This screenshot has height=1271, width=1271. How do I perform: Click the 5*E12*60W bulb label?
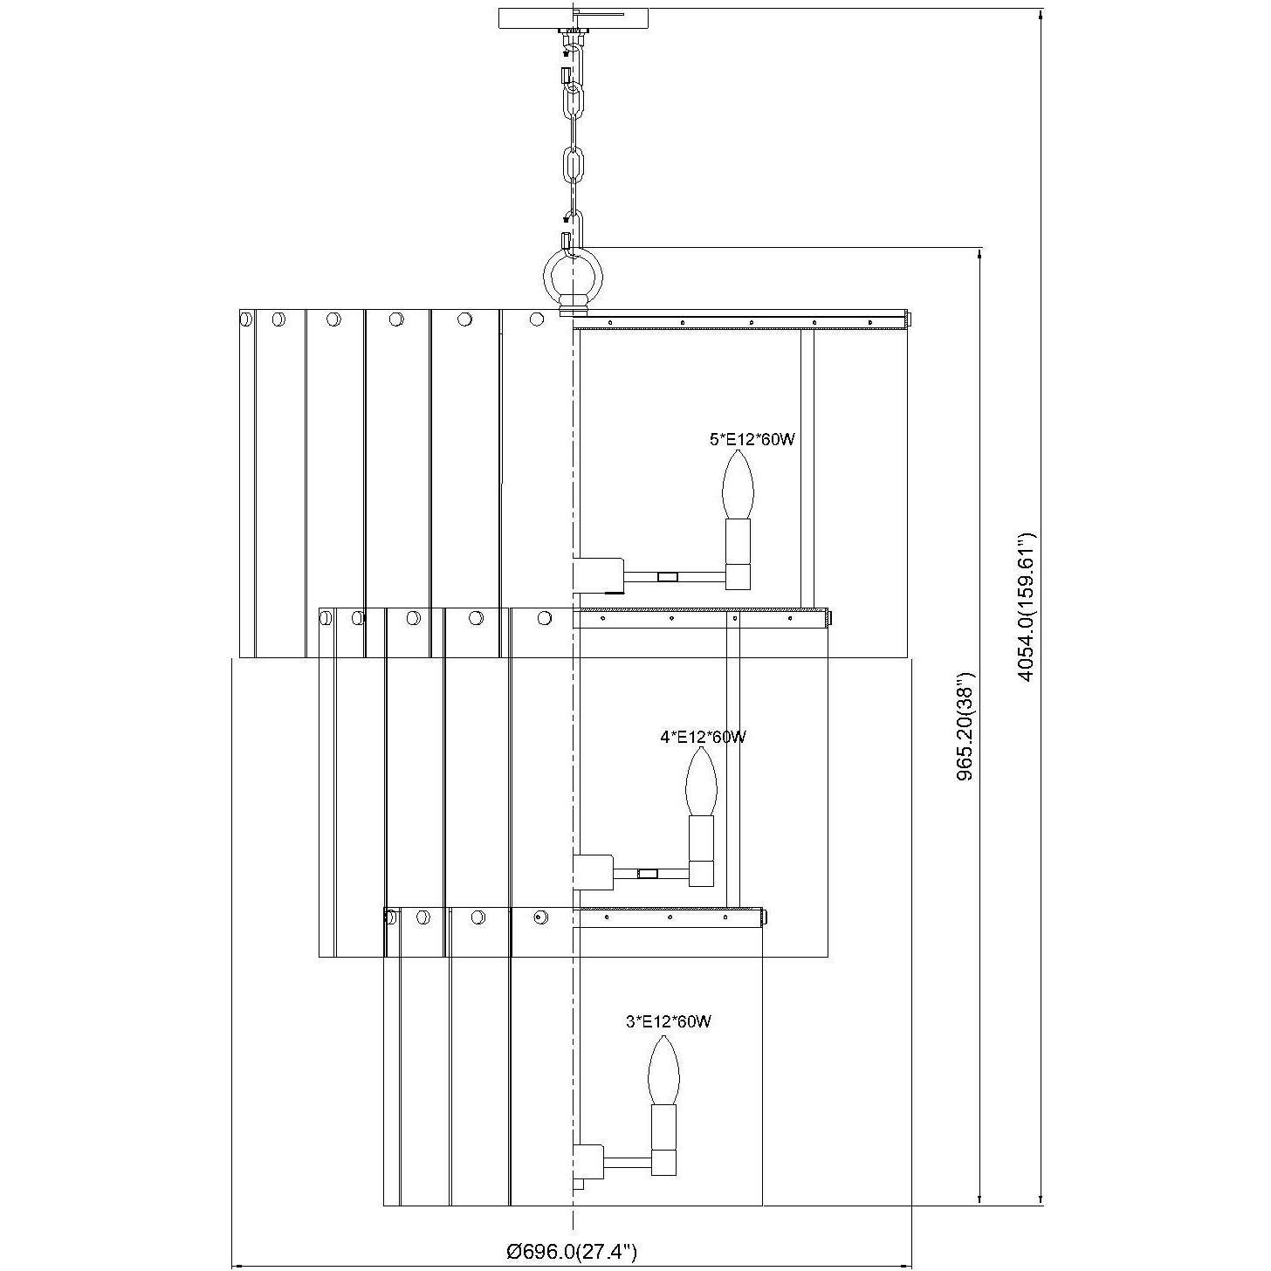[x=752, y=440]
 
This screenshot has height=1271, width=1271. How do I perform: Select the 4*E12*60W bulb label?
[x=703, y=737]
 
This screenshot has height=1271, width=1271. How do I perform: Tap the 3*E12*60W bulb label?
[x=668, y=1021]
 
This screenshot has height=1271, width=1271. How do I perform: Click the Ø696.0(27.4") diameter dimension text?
[x=573, y=1251]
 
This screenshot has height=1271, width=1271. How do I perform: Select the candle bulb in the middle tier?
[x=701, y=782]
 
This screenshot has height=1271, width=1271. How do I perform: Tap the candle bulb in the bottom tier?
[x=663, y=1070]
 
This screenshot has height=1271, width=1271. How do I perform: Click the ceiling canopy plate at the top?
[x=574, y=17]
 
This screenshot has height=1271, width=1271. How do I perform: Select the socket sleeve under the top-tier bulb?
[x=739, y=541]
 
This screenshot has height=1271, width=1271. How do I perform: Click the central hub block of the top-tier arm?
[x=596, y=574]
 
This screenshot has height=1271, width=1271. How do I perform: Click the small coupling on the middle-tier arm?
[x=648, y=873]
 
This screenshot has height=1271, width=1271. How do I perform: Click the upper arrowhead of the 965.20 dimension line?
[x=981, y=253]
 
